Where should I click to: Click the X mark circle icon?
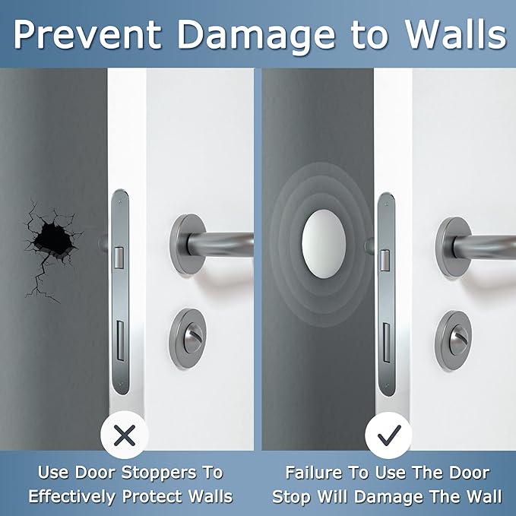[x=124, y=435]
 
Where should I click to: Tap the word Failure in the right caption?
[x=316, y=473]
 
